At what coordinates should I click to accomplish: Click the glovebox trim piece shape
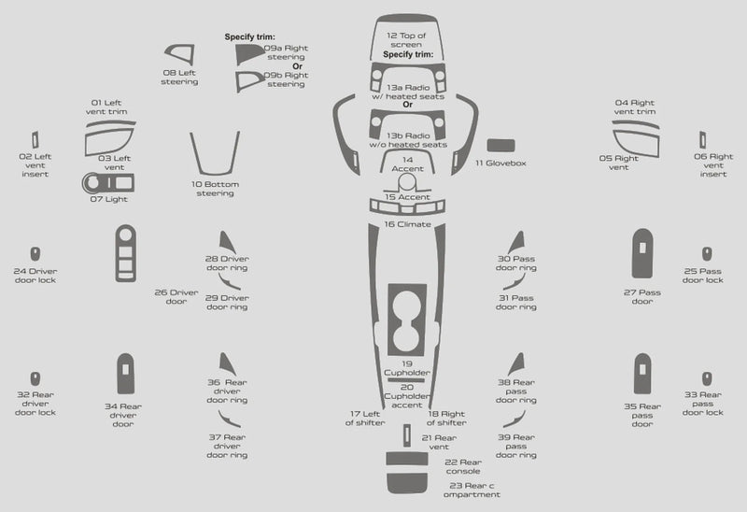coord(500,146)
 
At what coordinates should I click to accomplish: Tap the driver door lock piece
coord(35,253)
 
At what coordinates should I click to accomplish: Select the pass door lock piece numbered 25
coord(707,253)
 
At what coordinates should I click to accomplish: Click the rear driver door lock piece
coord(35,379)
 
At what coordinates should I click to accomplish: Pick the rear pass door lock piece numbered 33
coord(707,379)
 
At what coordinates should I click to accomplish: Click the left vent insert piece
coord(35,140)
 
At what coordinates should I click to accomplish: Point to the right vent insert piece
coord(703,140)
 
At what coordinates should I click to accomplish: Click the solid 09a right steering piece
coord(248,54)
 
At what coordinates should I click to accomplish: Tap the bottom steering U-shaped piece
coord(215,172)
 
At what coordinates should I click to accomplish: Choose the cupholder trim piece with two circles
coord(407,320)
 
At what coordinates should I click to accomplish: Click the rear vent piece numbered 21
coord(407,435)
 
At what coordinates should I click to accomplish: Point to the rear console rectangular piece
coord(407,459)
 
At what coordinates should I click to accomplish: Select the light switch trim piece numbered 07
coord(108,182)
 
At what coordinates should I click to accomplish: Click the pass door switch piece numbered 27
coord(642,253)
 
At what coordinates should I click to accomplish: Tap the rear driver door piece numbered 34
coord(125,375)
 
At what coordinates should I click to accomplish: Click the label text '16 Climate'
coord(408,224)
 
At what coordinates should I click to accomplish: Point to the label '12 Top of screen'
coord(406,40)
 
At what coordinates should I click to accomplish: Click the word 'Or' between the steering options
coord(297,66)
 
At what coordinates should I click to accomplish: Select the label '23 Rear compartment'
coord(472,491)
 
